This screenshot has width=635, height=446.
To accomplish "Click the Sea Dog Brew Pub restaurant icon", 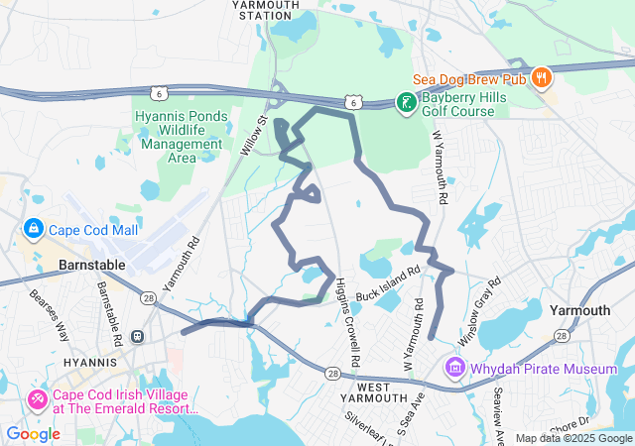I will coord(541,77).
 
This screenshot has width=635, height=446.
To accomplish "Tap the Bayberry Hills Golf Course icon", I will coord(405,103).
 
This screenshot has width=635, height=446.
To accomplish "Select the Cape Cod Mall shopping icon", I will coord(33,230).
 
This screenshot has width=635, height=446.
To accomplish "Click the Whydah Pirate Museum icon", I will coord(455,369).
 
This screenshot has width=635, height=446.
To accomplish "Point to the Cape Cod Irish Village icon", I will coord(37,399).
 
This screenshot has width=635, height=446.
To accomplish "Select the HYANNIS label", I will coord(90,363).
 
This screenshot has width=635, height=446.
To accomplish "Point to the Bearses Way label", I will coord(49,311).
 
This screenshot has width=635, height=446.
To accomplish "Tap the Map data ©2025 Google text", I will coord(572,438).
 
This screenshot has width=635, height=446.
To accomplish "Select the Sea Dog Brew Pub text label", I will coord(468,77).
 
